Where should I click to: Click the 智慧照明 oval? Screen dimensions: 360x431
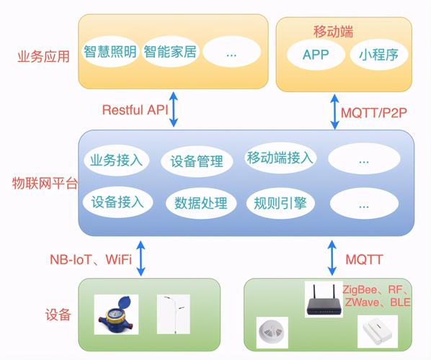click(x=110, y=53)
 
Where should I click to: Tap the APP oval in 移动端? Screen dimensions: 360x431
click(x=315, y=55)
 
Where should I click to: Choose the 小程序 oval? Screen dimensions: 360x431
click(x=379, y=55)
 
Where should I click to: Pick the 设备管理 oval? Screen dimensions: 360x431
click(x=197, y=161)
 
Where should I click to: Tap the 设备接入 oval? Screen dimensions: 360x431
click(x=117, y=202)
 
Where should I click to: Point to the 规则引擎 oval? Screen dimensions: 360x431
click(x=280, y=203)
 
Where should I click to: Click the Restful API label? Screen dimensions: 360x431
click(x=134, y=110)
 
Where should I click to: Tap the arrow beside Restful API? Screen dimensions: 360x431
click(x=174, y=109)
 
